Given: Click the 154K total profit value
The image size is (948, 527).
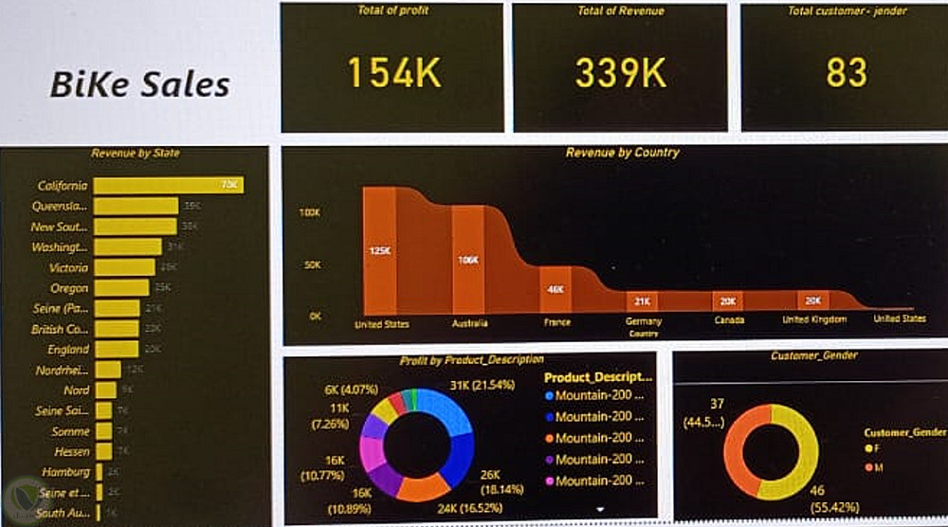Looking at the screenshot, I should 393,73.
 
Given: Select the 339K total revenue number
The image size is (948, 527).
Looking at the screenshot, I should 621,73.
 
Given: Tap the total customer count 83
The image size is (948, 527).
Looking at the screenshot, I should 847,73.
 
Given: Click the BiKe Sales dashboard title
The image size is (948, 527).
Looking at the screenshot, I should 140,84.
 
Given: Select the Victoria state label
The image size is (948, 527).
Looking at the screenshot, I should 68,267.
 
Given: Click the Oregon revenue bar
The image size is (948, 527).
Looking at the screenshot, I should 121,288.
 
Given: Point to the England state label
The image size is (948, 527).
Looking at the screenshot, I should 67,350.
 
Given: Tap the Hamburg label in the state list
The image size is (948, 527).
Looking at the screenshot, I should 65,472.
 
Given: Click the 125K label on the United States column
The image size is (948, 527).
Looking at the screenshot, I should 379,251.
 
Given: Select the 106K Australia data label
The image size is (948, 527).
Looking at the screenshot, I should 467,259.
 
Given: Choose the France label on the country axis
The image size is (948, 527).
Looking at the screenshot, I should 557,322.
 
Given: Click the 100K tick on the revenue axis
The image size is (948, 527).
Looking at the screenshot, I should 310,213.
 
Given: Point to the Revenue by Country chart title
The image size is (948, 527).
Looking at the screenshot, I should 622,153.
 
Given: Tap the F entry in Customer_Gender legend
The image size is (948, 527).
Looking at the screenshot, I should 871,447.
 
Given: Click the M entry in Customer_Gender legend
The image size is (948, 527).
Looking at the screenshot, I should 871,465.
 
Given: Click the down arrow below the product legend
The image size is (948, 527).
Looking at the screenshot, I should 599,509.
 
